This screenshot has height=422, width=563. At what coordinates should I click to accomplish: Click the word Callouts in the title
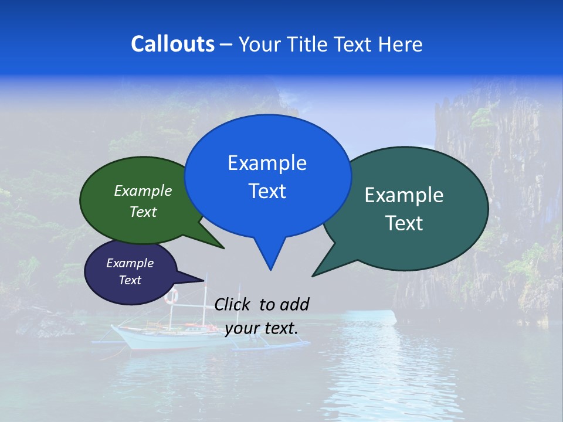pos(172,44)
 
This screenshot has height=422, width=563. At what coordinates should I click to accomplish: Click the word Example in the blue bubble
pos(267,163)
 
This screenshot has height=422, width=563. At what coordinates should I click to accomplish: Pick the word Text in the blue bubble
pos(267,191)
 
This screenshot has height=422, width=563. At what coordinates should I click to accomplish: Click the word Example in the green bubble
pos(143,191)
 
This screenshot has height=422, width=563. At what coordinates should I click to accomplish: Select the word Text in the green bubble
pos(143,212)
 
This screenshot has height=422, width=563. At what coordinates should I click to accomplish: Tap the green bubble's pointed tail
pos(221,246)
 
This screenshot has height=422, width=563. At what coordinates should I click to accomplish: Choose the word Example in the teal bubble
pos(404,195)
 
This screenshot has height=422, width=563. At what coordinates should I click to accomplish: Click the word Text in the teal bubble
pos(404,223)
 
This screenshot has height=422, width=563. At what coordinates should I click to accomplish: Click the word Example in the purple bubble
pos(130,263)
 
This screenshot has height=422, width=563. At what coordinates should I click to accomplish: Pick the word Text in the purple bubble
pos(130,280)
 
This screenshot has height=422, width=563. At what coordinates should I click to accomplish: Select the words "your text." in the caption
pos(262,328)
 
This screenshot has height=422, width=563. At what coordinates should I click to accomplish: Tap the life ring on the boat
pos(171,296)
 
